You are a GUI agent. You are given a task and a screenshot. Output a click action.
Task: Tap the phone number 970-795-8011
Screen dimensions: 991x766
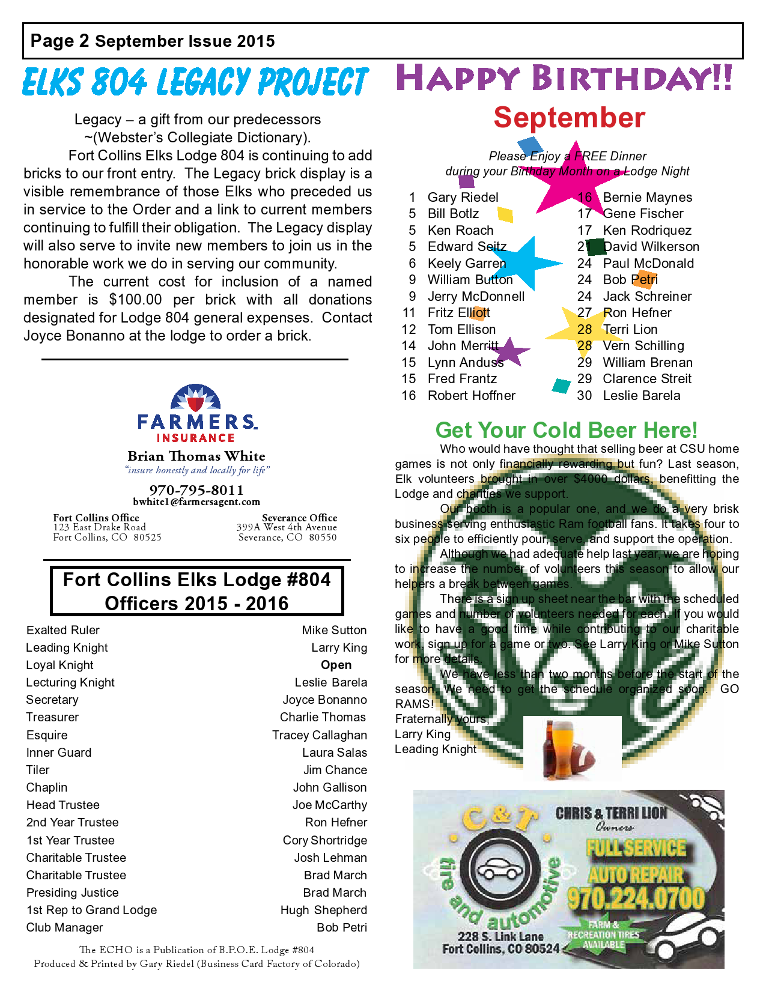click(196, 490)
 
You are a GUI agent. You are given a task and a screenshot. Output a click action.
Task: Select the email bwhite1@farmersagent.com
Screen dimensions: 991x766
click(196, 502)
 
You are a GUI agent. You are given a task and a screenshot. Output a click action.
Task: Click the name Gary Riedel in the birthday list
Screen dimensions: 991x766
click(463, 198)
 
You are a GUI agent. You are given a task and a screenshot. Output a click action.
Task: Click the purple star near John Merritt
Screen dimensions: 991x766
click(509, 351)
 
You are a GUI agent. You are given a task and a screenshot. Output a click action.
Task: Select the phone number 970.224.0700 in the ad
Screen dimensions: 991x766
click(636, 899)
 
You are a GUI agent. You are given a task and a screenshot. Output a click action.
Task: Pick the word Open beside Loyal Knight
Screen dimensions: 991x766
click(336, 665)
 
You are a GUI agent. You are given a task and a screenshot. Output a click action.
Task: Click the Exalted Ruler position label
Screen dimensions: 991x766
click(63, 630)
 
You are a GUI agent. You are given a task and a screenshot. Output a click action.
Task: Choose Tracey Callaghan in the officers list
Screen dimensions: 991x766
click(319, 735)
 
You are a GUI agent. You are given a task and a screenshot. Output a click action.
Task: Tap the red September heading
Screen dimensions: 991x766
click(569, 118)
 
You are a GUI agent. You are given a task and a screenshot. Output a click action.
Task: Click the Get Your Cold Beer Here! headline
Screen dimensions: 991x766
click(566, 430)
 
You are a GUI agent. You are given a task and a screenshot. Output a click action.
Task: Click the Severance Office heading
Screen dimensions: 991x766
click(299, 518)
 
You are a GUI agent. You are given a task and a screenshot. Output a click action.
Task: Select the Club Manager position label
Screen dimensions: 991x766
click(65, 927)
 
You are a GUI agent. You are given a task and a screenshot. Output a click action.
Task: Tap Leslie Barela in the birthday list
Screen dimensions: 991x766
click(641, 396)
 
